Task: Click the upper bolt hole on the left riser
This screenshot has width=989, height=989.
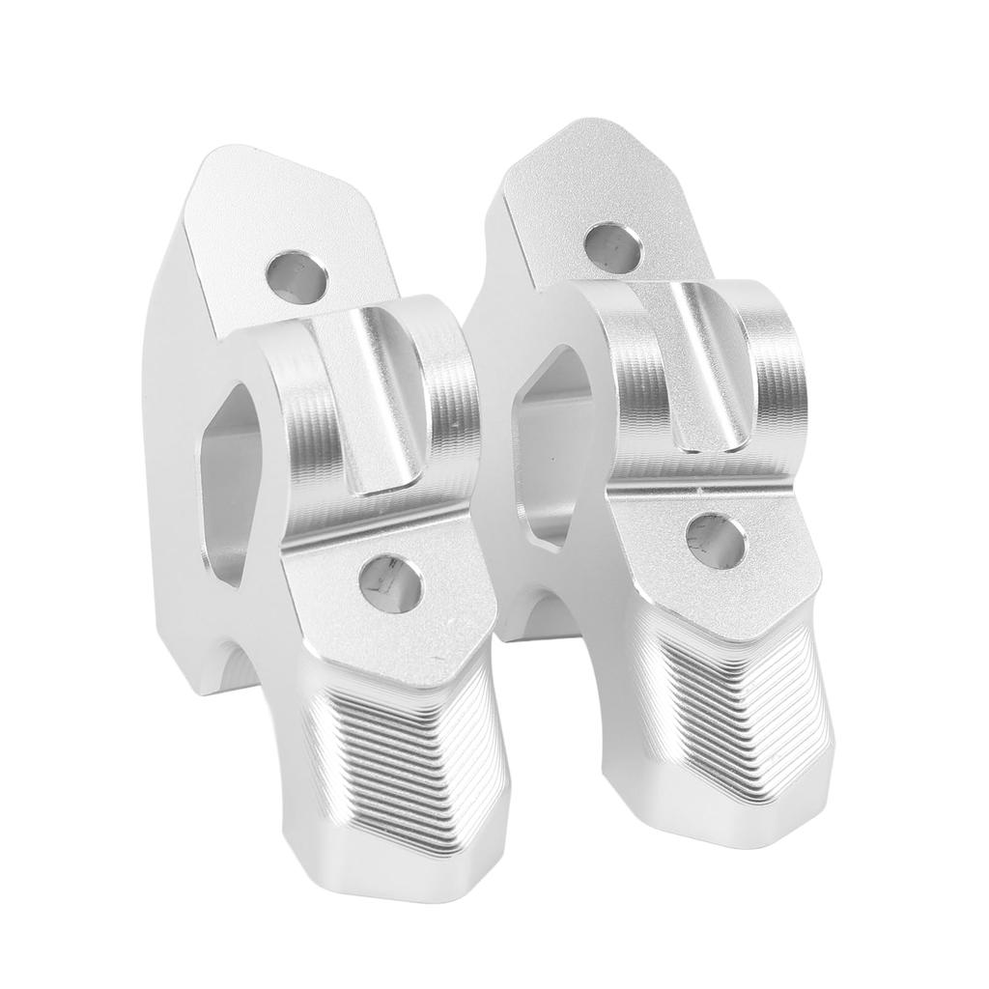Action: [x=297, y=274]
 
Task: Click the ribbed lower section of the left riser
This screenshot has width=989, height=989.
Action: [x=396, y=753]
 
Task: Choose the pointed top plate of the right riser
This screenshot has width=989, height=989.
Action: [x=589, y=184]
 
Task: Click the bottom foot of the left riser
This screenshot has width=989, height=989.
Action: [x=386, y=869]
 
